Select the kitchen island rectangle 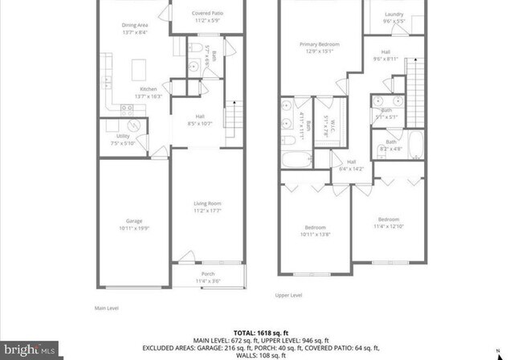point(141,64)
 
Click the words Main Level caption point(106,306)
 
